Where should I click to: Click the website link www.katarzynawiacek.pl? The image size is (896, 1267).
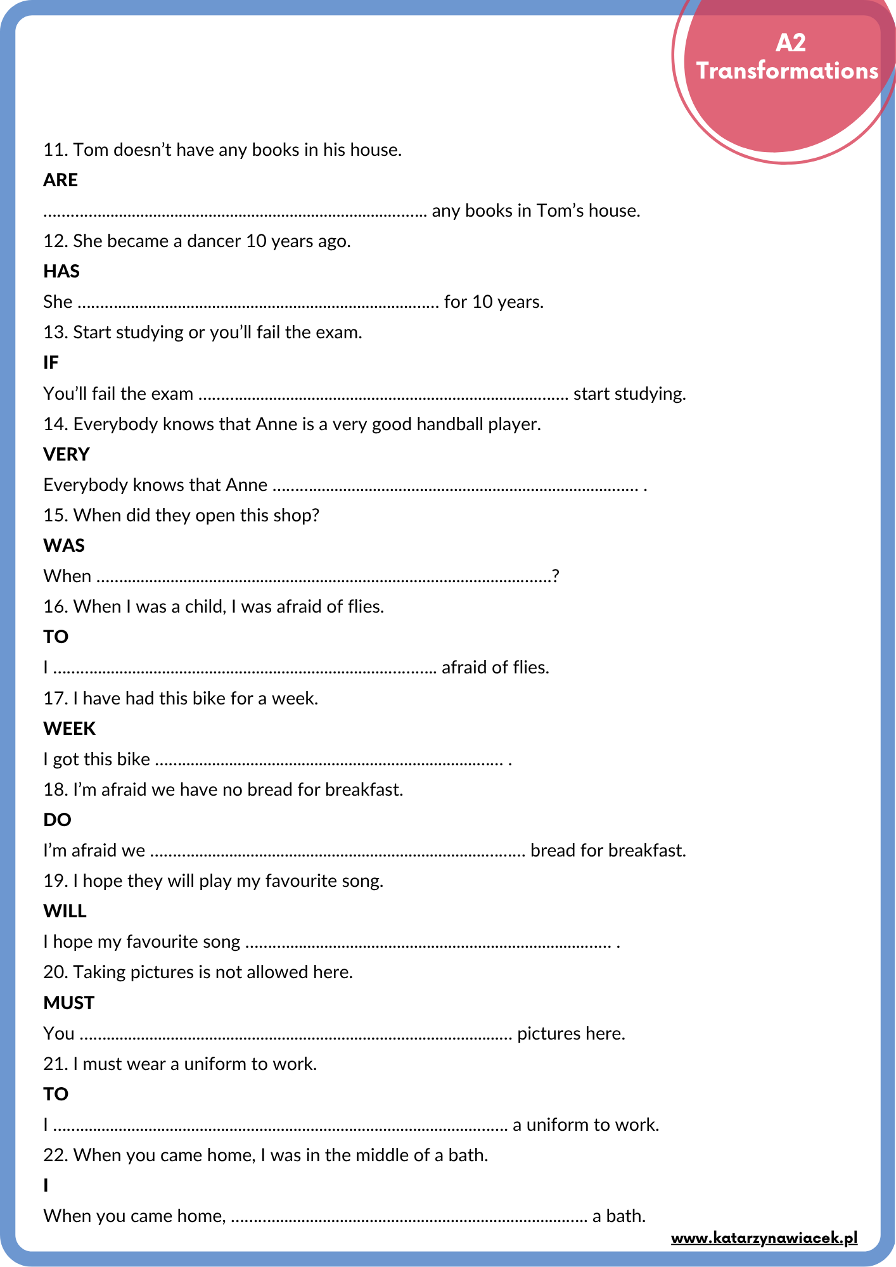(x=764, y=1238)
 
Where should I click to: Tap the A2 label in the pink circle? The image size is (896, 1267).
(x=790, y=43)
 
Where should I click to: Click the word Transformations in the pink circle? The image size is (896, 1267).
(x=787, y=71)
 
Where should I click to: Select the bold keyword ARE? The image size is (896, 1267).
(x=60, y=181)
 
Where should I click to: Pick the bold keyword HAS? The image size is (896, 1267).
(x=61, y=272)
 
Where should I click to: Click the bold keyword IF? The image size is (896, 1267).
(x=51, y=363)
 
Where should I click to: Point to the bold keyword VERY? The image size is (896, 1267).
(x=67, y=455)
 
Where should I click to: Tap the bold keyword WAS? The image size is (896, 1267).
(x=64, y=546)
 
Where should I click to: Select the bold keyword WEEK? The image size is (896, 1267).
(x=70, y=729)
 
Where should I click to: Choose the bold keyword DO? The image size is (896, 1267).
(x=57, y=820)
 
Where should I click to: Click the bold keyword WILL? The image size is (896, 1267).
(x=65, y=912)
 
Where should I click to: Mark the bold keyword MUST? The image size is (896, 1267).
(x=68, y=1003)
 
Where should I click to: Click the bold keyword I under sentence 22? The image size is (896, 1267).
(x=46, y=1186)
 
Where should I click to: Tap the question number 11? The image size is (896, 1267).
(x=55, y=150)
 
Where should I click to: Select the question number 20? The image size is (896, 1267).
(x=55, y=972)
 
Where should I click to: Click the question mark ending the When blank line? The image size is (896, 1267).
(x=556, y=576)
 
